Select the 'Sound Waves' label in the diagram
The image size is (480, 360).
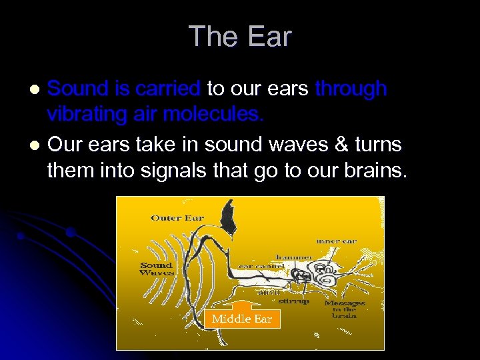pos(157,269)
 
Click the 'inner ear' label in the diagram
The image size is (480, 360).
pos(338,241)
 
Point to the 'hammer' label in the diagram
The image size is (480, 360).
pos(294,257)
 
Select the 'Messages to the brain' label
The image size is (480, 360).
pos(345,309)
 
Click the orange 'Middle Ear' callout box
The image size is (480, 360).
pos(241,319)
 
